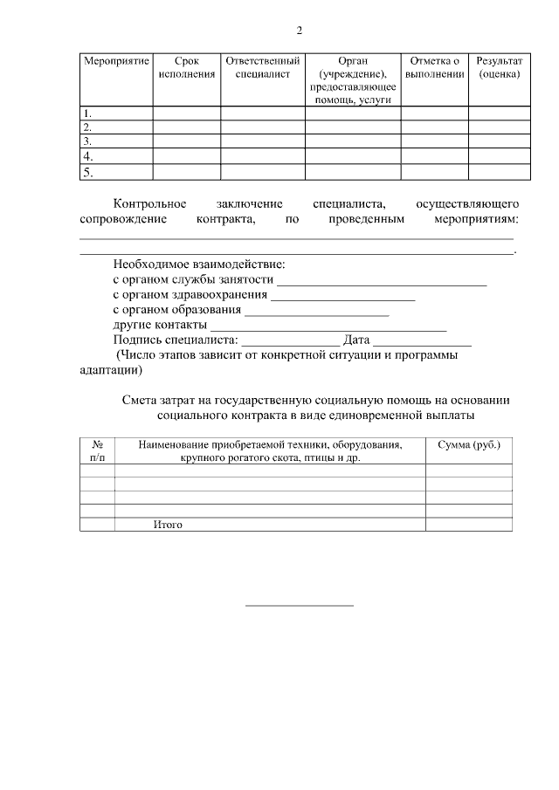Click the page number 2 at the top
299,31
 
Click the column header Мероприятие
116,62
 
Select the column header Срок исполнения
186,68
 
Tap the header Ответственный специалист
262,68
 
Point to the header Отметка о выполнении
434,68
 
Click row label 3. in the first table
87,141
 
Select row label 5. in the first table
87,173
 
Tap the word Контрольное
149,203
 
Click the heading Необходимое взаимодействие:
199,265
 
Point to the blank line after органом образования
317,313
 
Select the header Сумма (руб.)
468,445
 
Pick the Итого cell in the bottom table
167,525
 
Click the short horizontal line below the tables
299,605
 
